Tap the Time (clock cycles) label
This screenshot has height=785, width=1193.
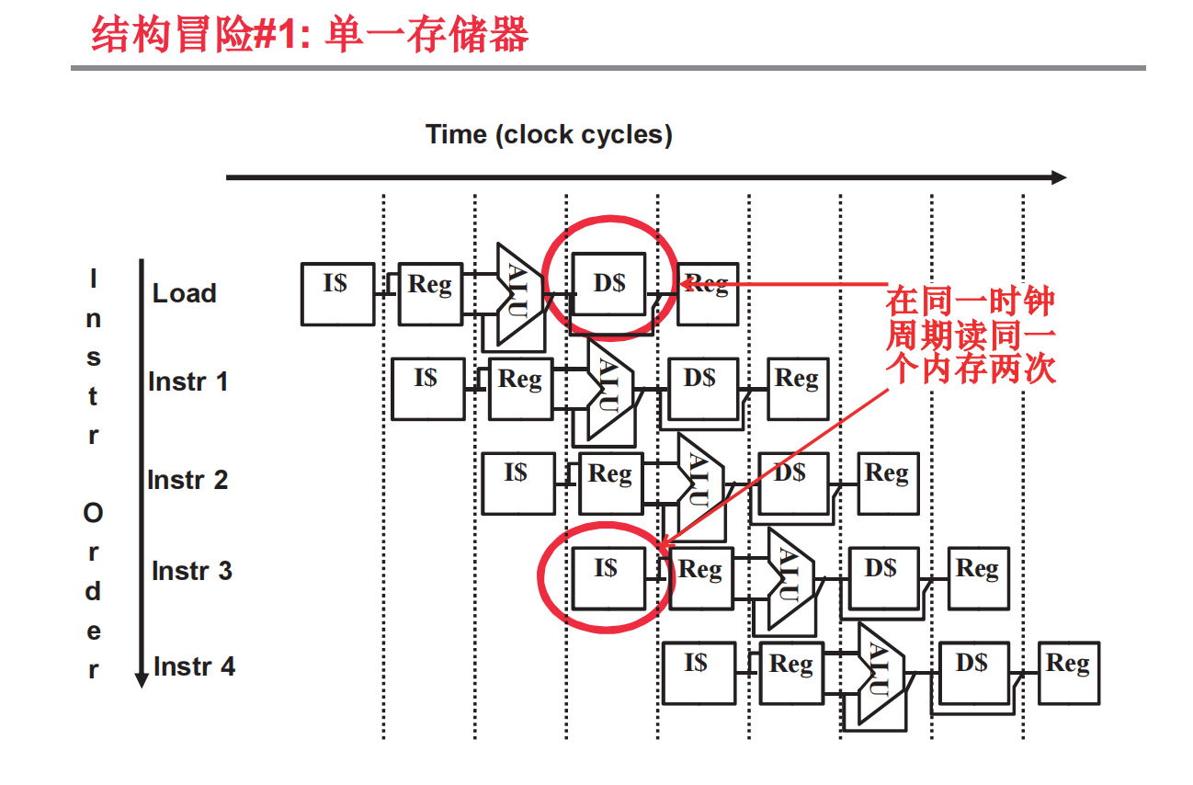coord(549,135)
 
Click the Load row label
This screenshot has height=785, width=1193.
coord(184,293)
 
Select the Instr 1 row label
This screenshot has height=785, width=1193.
coord(187,381)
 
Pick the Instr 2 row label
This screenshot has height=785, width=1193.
coord(187,479)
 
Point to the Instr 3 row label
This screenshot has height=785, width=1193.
coord(191,571)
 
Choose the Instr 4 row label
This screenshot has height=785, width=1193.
coord(194,666)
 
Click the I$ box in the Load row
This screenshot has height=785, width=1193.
coord(337,293)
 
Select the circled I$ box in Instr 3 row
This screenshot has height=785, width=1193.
coord(608,576)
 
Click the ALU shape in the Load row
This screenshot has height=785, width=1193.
coord(517,294)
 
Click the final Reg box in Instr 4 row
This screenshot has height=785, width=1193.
coord(1068,673)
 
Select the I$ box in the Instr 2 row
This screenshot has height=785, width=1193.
coord(517,483)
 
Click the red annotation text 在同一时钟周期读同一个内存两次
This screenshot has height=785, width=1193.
coord(970,335)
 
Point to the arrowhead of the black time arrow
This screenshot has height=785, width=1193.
coord(1059,177)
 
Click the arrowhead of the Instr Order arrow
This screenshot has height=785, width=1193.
coord(142,680)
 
